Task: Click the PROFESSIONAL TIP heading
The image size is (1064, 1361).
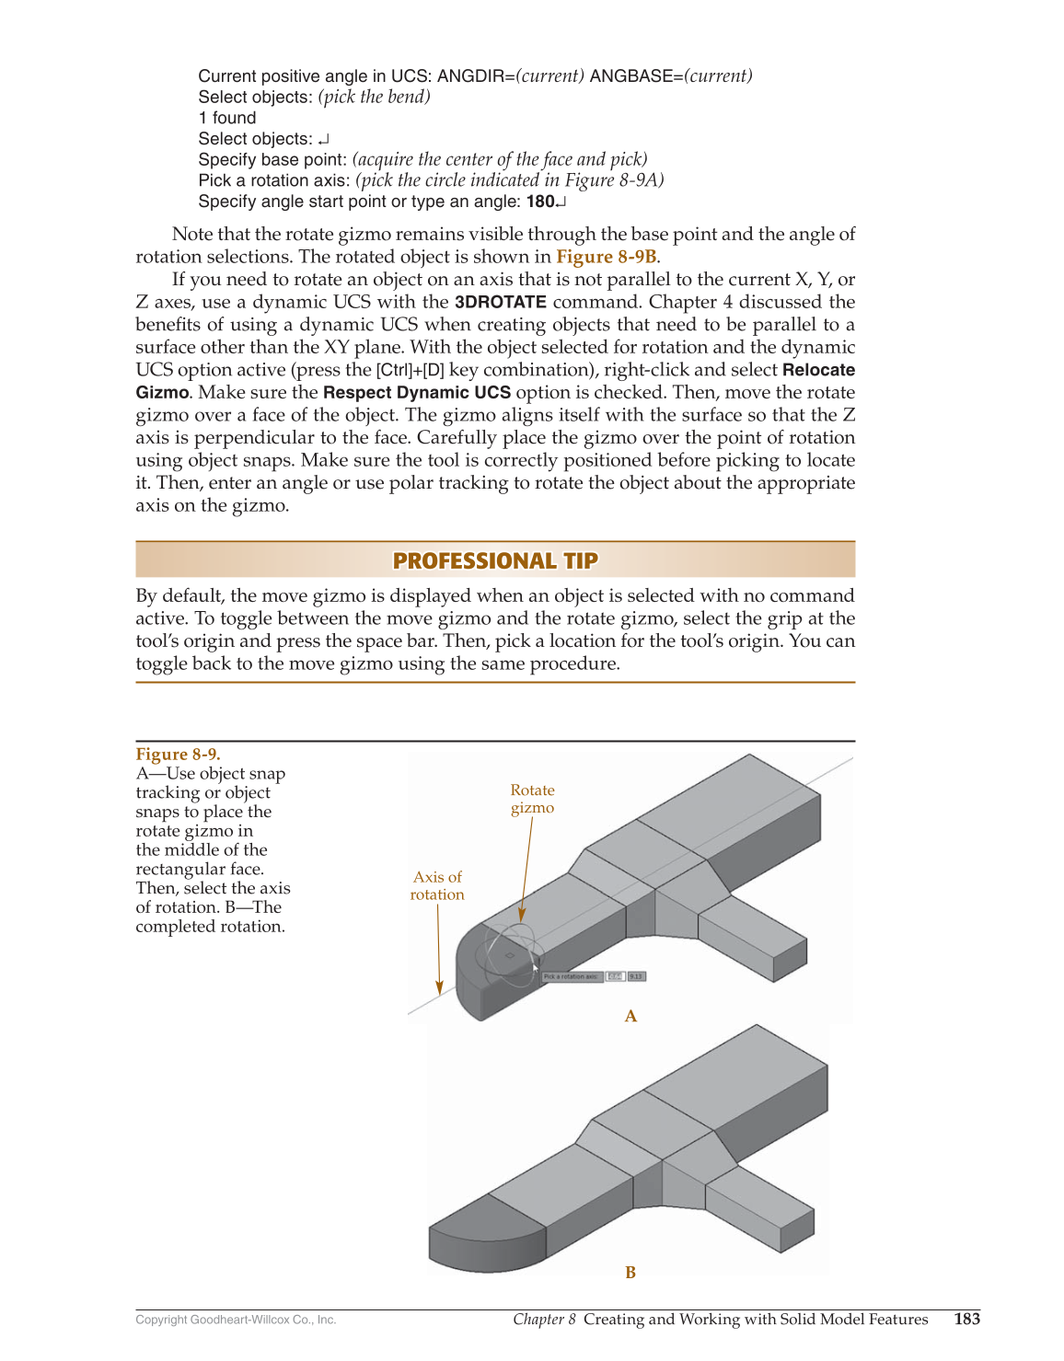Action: (495, 560)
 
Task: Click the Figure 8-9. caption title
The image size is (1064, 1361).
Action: (178, 755)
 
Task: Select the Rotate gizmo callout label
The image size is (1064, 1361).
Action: (532, 799)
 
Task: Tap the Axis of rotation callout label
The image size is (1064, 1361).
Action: (437, 885)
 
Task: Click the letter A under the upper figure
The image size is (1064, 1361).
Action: (630, 1016)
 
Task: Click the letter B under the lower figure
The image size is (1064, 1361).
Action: (630, 1273)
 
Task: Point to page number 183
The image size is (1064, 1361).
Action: (966, 1319)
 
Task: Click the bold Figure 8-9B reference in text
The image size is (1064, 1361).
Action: (606, 257)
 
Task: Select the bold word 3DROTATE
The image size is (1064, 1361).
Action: (500, 302)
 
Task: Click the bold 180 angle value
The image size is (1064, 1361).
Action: (540, 202)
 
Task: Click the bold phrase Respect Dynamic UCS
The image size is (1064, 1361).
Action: (416, 393)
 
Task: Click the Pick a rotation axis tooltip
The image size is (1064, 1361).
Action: (572, 976)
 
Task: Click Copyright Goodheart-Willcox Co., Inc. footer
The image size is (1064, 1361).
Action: (236, 1320)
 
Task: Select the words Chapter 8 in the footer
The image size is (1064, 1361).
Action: (544, 1319)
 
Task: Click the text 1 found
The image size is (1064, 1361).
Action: (227, 118)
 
